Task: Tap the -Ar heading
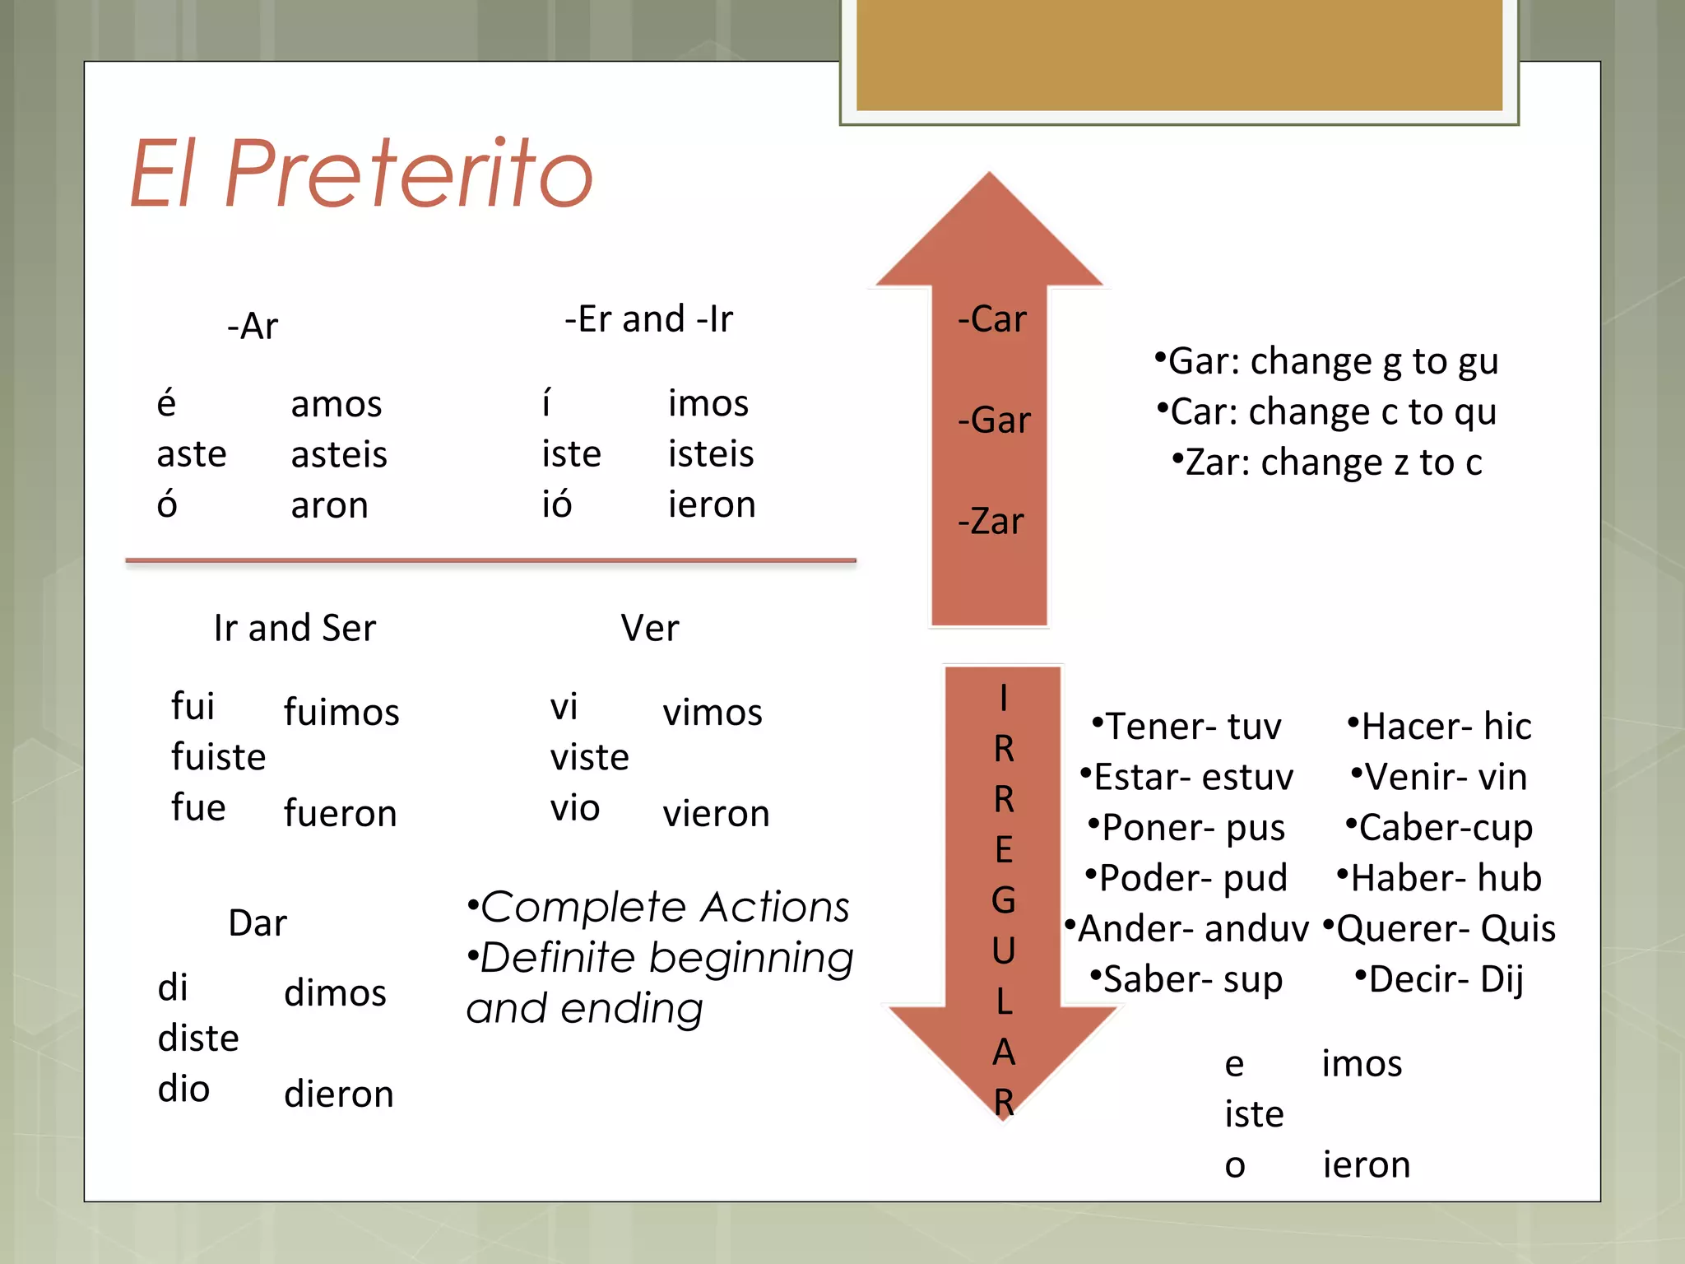pyautogui.click(x=253, y=326)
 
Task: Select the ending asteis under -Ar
pyautogui.click(x=339, y=454)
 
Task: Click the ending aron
pyautogui.click(x=329, y=505)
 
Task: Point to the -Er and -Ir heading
pyautogui.click(x=648, y=319)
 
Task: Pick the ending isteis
pyautogui.click(x=711, y=454)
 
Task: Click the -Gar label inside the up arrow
pyautogui.click(x=993, y=421)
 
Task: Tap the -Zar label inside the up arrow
pyautogui.click(x=991, y=522)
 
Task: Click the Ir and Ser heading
pyautogui.click(x=295, y=628)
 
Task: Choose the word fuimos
pyautogui.click(x=341, y=712)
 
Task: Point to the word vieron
pyautogui.click(x=716, y=814)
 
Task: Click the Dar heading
pyautogui.click(x=258, y=923)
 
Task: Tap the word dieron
pyautogui.click(x=339, y=1094)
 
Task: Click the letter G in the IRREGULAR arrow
pyautogui.click(x=1003, y=900)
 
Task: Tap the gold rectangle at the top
pyautogui.click(x=1179, y=54)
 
